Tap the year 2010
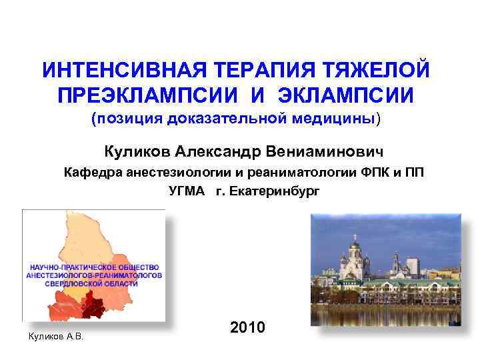click(247, 327)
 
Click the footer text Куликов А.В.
click(55, 336)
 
